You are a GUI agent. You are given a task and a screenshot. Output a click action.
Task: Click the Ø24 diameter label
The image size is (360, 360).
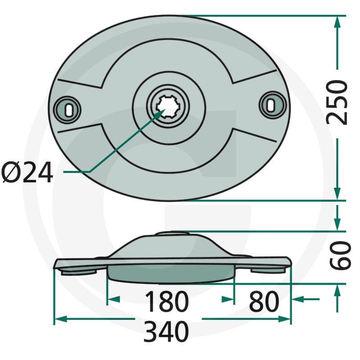(x=27, y=172)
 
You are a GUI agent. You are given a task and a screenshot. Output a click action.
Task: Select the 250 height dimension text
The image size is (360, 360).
(x=337, y=103)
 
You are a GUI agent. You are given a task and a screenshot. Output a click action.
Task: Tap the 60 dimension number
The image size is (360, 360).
(x=340, y=255)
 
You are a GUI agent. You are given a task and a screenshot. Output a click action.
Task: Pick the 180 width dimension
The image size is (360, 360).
(x=166, y=301)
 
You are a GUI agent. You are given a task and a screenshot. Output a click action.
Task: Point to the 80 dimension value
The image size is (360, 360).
(x=264, y=301)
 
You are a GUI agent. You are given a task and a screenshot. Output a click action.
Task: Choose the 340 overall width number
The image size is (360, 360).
(x=166, y=332)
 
